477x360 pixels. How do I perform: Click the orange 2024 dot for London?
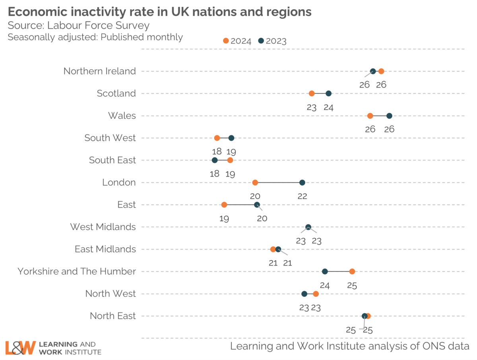[x=255, y=183]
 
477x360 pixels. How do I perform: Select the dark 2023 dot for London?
[x=302, y=183]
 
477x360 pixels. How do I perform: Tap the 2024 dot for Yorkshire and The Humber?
[x=352, y=271]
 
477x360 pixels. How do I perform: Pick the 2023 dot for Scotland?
[x=328, y=93]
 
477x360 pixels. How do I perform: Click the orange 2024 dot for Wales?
[x=370, y=116]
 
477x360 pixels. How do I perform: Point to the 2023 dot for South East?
[x=215, y=160]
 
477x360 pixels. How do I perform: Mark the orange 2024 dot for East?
[x=224, y=205]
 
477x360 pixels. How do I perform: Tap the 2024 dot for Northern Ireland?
[x=381, y=71]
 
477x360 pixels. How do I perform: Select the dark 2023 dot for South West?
[x=231, y=138]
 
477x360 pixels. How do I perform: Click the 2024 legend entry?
[x=237, y=41]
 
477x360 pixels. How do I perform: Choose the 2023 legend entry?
[x=272, y=41]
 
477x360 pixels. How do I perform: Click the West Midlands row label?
[x=103, y=227]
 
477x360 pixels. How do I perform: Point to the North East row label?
[x=113, y=316]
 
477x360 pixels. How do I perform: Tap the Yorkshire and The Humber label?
[x=77, y=271]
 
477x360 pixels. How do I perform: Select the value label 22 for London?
[x=302, y=196]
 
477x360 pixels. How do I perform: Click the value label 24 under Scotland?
[x=328, y=107]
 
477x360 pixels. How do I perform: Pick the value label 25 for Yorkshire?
[x=352, y=285]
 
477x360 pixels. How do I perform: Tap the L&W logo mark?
[x=20, y=347]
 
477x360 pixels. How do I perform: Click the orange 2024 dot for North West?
[x=316, y=294]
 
